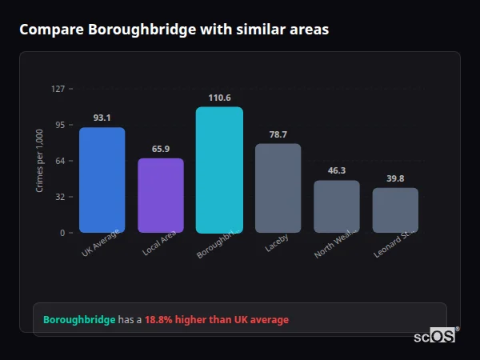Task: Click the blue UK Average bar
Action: (102, 180)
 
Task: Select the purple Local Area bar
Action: (161, 195)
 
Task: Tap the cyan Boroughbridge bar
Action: (219, 170)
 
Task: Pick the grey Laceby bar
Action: (278, 188)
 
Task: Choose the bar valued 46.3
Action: (337, 206)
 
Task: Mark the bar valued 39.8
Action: (395, 210)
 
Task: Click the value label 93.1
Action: (102, 118)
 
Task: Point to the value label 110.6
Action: (219, 98)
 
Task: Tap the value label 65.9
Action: (161, 149)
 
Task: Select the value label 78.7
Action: (278, 134)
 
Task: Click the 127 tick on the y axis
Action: (58, 89)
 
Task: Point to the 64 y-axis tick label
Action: (59, 161)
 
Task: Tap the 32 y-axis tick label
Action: (59, 197)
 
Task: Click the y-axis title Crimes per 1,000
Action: (40, 161)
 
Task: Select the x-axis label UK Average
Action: (101, 243)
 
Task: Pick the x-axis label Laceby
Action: (277, 242)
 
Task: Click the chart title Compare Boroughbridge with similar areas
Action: (174, 30)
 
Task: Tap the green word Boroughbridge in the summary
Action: (79, 320)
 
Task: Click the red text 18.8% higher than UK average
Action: (217, 320)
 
